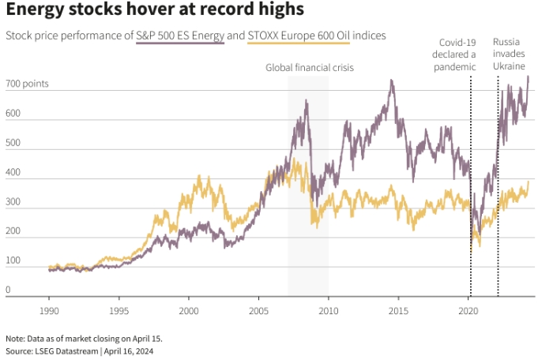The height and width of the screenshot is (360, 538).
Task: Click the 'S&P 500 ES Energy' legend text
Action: (x=180, y=37)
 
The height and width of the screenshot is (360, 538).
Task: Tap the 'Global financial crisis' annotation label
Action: (x=309, y=68)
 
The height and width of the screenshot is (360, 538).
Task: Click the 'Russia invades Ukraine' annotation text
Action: (x=509, y=54)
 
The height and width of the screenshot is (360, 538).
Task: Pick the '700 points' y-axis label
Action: (x=27, y=84)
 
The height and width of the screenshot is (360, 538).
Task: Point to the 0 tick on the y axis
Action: (x=9, y=290)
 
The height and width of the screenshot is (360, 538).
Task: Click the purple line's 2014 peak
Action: (x=391, y=81)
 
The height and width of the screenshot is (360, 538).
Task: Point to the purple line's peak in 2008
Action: (x=306, y=101)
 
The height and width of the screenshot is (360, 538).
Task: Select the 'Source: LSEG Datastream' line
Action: (x=79, y=350)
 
